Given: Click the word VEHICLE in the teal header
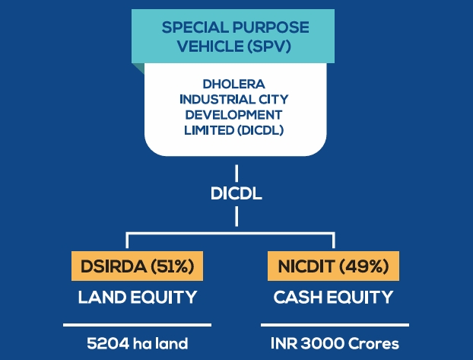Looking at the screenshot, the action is (210, 46).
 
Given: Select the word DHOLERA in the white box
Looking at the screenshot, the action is (233, 84).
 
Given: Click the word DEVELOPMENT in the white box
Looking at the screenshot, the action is (233, 115).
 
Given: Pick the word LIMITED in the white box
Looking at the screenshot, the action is (209, 130).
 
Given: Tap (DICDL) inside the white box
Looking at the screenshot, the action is (261, 130).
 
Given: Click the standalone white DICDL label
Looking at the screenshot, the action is (236, 193).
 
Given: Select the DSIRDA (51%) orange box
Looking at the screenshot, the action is (137, 266).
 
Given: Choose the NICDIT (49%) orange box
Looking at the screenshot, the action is (333, 266).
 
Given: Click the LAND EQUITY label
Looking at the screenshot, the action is (138, 297).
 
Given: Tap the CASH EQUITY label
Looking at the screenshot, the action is (333, 297).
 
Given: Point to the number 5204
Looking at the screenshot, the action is (108, 343).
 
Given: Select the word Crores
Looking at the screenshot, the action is (373, 343).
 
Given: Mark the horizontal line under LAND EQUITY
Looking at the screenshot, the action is (137, 325).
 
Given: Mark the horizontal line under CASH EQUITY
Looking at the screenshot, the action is (335, 325).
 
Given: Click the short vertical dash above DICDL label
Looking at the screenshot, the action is (236, 173).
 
